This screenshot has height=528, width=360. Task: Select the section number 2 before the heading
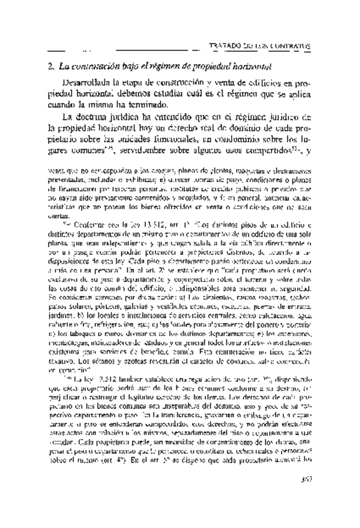tap(50, 65)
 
